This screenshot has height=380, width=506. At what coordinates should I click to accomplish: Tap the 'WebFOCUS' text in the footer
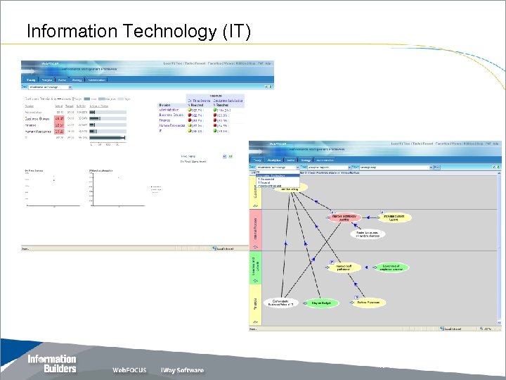pyautogui.click(x=130, y=370)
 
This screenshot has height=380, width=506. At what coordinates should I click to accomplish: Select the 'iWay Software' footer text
pyautogui.click(x=182, y=370)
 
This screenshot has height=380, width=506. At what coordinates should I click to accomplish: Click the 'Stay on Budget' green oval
pyautogui.click(x=320, y=303)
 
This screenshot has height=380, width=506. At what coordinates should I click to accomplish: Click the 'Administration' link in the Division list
pyautogui.click(x=169, y=110)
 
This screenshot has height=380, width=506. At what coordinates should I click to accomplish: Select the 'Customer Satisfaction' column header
pyautogui.click(x=229, y=101)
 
